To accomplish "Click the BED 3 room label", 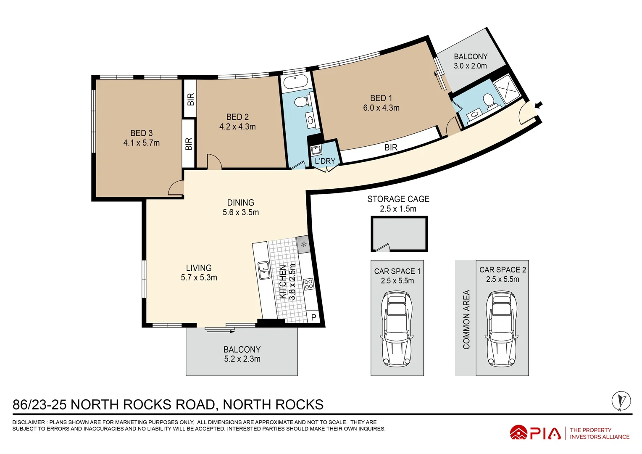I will coord(141,133).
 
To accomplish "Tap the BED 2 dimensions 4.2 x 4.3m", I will coord(237,127).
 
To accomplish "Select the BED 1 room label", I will coord(381,98).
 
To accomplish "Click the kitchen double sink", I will coord(263,270).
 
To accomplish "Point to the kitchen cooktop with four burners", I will coord(309,284).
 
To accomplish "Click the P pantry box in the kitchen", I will coord(313,318).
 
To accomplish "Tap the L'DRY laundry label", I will coord(325,161).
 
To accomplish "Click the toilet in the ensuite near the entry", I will coord(488,100).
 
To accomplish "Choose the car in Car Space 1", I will coord(397,329).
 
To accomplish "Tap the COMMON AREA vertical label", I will coord(466,319).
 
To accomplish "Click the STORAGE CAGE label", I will coord(398,199).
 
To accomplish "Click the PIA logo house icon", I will coord(518,433).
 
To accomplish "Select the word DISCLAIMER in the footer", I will coord(28,422).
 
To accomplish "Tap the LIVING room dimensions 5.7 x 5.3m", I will coord(199,277).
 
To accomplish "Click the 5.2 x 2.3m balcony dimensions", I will coord(242,359).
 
